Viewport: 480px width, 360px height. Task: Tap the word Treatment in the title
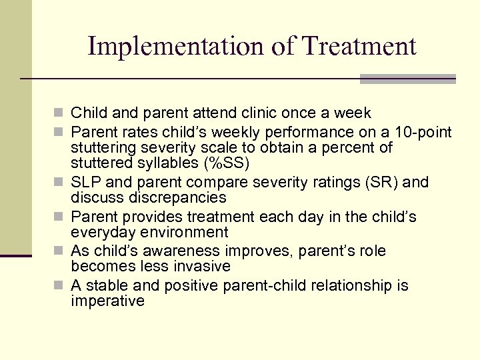coord(359,46)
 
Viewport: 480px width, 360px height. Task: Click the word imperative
coord(107,301)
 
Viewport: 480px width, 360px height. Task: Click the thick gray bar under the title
coord(407,79)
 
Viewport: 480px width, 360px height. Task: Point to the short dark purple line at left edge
coord(16,255)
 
